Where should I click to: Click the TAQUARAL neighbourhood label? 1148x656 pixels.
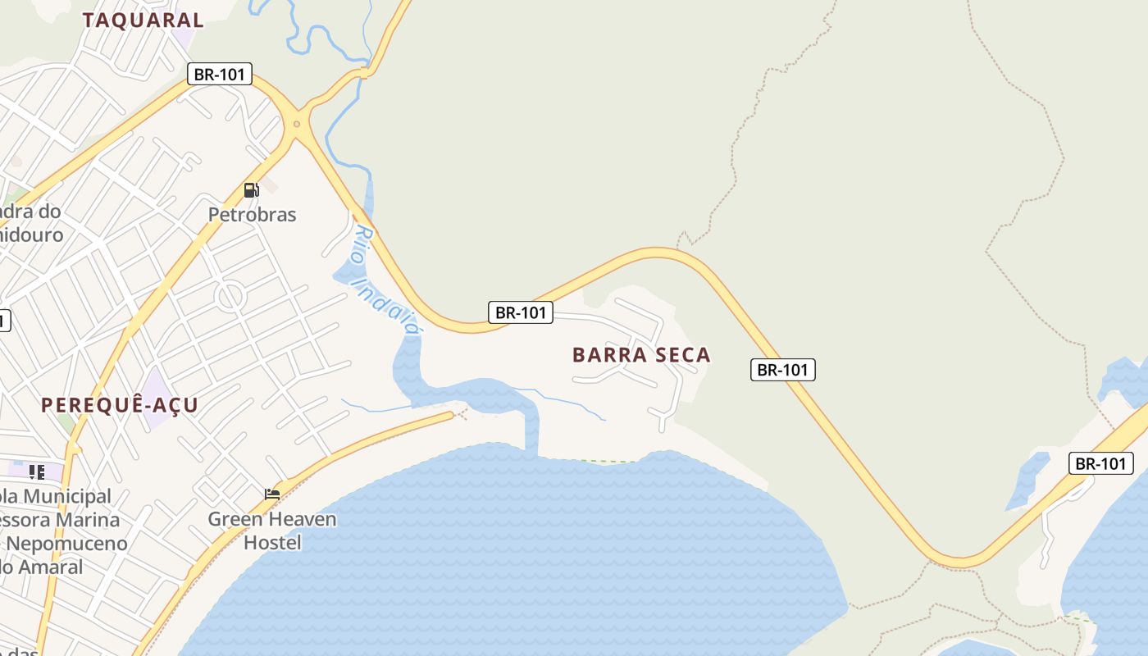tap(143, 20)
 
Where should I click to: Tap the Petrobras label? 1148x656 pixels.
tap(252, 215)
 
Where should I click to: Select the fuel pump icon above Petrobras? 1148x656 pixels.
tap(251, 190)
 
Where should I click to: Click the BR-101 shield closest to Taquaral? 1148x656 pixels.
tap(219, 74)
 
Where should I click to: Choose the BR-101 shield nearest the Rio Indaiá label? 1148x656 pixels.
tap(521, 312)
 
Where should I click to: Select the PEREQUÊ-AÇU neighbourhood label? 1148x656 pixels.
tap(120, 405)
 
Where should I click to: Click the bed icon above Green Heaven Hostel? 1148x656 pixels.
tap(272, 494)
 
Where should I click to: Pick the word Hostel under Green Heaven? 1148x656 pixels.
tap(272, 542)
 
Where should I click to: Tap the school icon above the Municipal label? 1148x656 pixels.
tap(37, 471)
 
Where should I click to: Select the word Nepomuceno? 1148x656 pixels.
tap(67, 544)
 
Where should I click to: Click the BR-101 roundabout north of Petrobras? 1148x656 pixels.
tap(297, 125)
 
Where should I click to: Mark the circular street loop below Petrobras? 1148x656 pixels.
tap(231, 296)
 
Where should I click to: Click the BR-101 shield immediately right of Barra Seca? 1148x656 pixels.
tap(783, 370)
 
